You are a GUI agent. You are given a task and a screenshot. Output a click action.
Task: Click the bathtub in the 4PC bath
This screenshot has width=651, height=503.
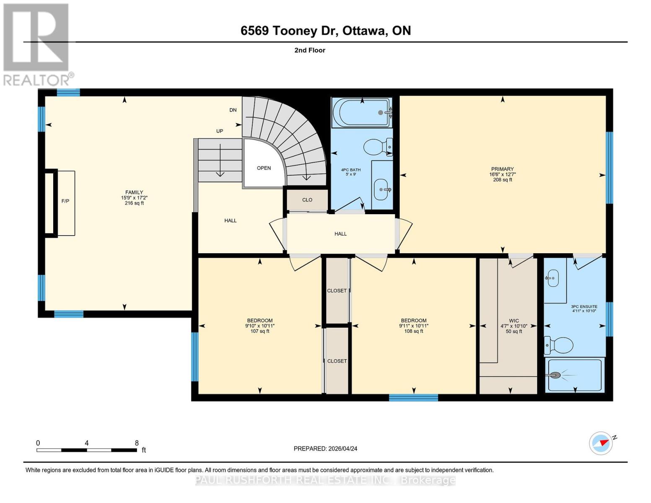pos(362,112)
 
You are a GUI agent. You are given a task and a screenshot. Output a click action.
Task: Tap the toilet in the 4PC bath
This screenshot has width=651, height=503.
pos(377,146)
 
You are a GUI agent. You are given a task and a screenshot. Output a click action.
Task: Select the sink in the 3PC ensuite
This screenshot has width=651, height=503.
pos(552,278)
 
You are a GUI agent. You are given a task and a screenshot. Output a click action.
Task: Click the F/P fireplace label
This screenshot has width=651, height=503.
pos(65,201)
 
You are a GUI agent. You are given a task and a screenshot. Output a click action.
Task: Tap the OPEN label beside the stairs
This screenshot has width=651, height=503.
pos(264,168)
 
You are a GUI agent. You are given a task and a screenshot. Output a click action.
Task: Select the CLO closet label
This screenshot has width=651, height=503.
pos(307,200)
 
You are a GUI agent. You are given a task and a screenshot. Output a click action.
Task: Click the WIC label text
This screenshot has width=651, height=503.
pos(514,321)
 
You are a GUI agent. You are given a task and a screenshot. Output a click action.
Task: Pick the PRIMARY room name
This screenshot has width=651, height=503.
pos(503,169)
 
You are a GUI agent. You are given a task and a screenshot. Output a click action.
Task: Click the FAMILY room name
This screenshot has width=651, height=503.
pos(134,192)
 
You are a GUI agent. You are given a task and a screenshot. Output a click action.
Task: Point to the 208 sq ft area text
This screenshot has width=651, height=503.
pos(503,180)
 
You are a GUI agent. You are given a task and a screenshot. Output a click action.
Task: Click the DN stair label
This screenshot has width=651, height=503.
pos(233,110)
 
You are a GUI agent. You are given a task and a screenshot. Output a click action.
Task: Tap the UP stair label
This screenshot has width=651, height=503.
pos(220,131)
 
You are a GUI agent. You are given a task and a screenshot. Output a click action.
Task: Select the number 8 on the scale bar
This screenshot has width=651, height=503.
pos(137,443)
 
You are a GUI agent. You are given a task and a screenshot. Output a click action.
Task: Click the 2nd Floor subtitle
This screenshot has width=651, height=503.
pos(309,50)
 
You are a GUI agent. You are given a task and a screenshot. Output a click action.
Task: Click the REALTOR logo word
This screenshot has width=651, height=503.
pos(36,80)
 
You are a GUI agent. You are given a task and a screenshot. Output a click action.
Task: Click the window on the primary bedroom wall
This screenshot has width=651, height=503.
pos(609,168)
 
